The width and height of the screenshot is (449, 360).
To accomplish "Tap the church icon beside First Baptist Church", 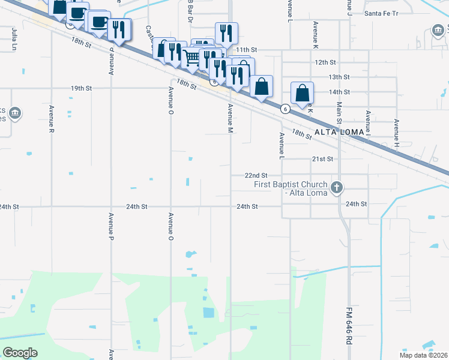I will click(x=337, y=188).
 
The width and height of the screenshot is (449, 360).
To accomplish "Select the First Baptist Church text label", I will click(x=291, y=188).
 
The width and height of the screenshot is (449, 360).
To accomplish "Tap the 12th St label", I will click(x=325, y=62).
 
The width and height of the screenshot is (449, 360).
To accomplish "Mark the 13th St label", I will click(x=339, y=77).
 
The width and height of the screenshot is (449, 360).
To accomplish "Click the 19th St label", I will click(x=81, y=88).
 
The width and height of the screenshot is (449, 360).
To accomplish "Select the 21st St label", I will click(x=322, y=159).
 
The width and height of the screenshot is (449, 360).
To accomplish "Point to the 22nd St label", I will click(x=256, y=175).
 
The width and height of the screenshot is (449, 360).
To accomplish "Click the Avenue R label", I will click(x=52, y=122).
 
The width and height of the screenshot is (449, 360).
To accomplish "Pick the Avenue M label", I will click(x=230, y=118).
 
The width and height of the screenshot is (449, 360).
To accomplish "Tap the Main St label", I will click(x=339, y=114).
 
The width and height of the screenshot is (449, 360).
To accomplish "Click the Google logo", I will click(x=20, y=353).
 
